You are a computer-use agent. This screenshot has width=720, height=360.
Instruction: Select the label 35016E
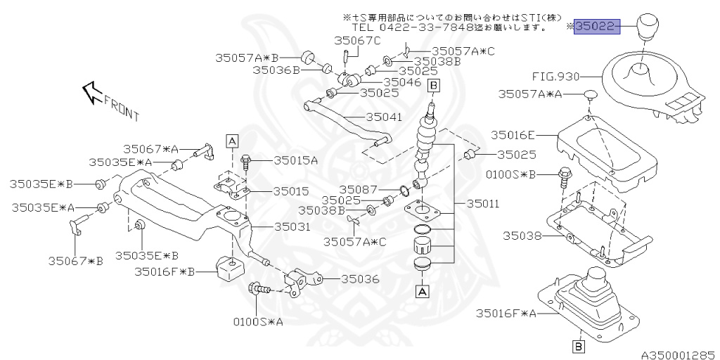pyautogui.click(x=513, y=134)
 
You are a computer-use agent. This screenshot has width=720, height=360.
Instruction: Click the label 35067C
pyautogui.click(x=357, y=41)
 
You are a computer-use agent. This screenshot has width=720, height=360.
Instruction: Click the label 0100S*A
pyautogui.click(x=258, y=322)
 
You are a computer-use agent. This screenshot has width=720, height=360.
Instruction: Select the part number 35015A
pyautogui.click(x=295, y=160)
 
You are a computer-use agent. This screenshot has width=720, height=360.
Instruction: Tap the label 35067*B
pyautogui.click(x=75, y=261)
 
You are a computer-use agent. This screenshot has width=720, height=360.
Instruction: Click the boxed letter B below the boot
pyautogui.click(x=578, y=345)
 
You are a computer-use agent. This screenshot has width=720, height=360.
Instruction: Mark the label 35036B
pyautogui.click(x=276, y=70)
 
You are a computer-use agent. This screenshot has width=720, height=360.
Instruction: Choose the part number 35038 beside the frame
pyautogui.click(x=522, y=236)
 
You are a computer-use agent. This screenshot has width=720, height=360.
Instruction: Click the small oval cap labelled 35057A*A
pyautogui.click(x=590, y=94)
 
